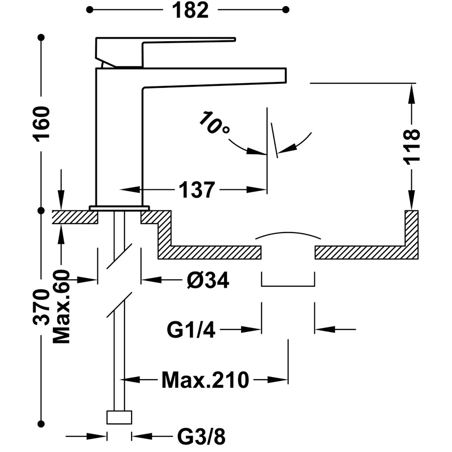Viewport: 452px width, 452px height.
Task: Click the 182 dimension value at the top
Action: point(190,11)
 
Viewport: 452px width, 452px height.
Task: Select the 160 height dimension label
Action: point(42,124)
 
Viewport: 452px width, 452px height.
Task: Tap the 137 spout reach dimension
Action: point(197,190)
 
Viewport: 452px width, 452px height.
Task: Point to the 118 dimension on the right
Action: point(412,147)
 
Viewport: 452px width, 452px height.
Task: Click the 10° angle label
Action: point(214,123)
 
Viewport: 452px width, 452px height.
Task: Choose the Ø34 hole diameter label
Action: point(208,280)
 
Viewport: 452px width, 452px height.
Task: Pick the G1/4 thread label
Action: point(191,330)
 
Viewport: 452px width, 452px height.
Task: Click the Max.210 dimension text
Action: point(205,380)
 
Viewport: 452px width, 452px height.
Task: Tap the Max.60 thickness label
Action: point(62,306)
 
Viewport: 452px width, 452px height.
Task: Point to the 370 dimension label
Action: point(42,307)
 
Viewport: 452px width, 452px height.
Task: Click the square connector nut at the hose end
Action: point(120,417)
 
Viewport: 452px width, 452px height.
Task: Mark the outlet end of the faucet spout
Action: point(286,75)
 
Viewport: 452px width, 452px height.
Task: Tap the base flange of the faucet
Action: point(120,208)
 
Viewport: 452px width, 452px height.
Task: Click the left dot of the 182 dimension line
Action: point(90,10)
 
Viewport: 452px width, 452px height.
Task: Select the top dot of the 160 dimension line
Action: point(41,38)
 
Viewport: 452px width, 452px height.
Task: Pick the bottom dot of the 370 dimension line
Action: point(41,424)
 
